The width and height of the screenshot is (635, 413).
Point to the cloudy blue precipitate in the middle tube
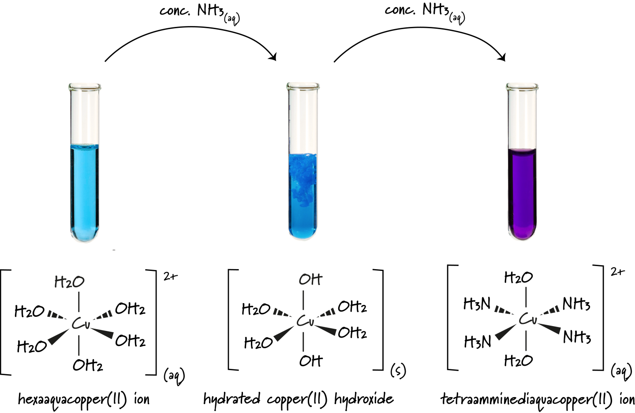click(x=303, y=176)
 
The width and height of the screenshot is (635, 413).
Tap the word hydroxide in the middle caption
click(x=364, y=399)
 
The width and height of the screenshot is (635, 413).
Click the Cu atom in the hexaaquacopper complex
click(x=81, y=324)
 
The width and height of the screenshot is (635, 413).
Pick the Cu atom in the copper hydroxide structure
click(x=305, y=321)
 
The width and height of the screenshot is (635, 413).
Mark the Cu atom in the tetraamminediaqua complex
click(x=527, y=319)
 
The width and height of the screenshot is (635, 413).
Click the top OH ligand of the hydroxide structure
click(x=310, y=279)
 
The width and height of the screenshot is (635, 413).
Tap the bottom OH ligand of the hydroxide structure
click(x=310, y=361)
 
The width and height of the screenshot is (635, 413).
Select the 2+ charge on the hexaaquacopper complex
click(x=170, y=277)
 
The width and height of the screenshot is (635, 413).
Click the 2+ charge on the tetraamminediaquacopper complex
click(x=617, y=272)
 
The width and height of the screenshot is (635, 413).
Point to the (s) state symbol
click(x=398, y=371)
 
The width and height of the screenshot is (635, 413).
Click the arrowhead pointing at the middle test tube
click(x=273, y=57)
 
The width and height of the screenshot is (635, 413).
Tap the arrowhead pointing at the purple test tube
click(x=502, y=57)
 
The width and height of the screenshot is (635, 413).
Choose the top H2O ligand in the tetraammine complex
click(x=518, y=278)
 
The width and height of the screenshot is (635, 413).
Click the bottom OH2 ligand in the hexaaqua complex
click(x=88, y=365)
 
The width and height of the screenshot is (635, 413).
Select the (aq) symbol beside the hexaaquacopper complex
click(x=174, y=376)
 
